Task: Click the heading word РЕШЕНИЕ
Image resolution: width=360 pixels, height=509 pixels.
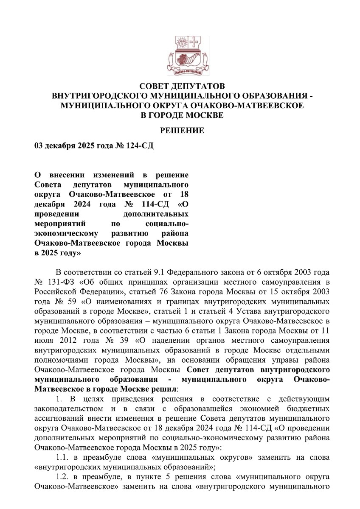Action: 182,131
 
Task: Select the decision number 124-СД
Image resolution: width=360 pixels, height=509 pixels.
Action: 139,146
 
